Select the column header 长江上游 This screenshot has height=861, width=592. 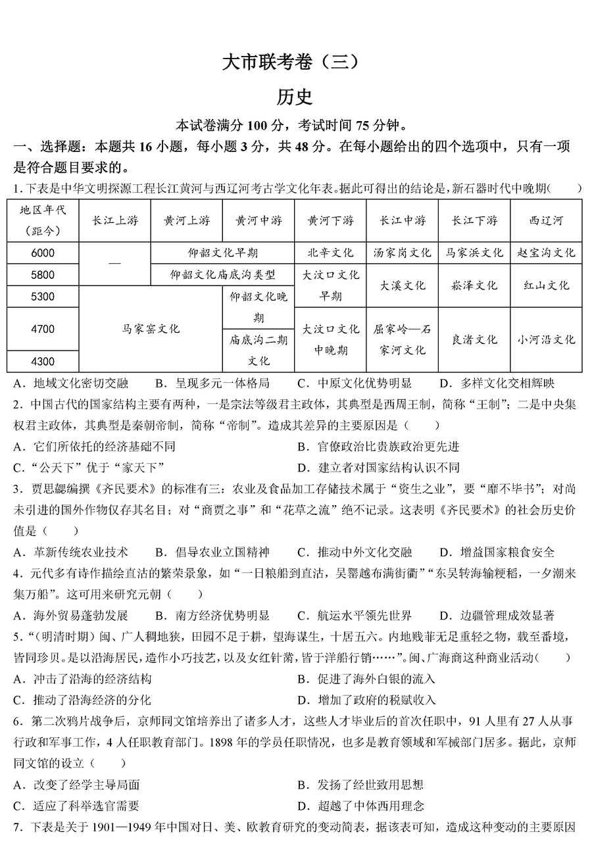[x=114, y=220]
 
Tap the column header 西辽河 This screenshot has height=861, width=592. [x=546, y=220]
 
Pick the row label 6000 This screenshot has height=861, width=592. [x=43, y=253]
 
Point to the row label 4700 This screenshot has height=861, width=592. [x=43, y=329]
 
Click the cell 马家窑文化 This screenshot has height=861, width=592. [x=151, y=329]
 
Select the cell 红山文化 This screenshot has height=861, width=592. [x=546, y=285]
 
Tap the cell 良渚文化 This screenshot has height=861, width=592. [x=474, y=339]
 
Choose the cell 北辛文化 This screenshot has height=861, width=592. [x=330, y=253]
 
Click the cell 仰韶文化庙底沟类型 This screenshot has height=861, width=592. [x=222, y=274]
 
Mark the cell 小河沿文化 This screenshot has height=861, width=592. [x=546, y=339]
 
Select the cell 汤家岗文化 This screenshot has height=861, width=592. [x=402, y=253]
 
